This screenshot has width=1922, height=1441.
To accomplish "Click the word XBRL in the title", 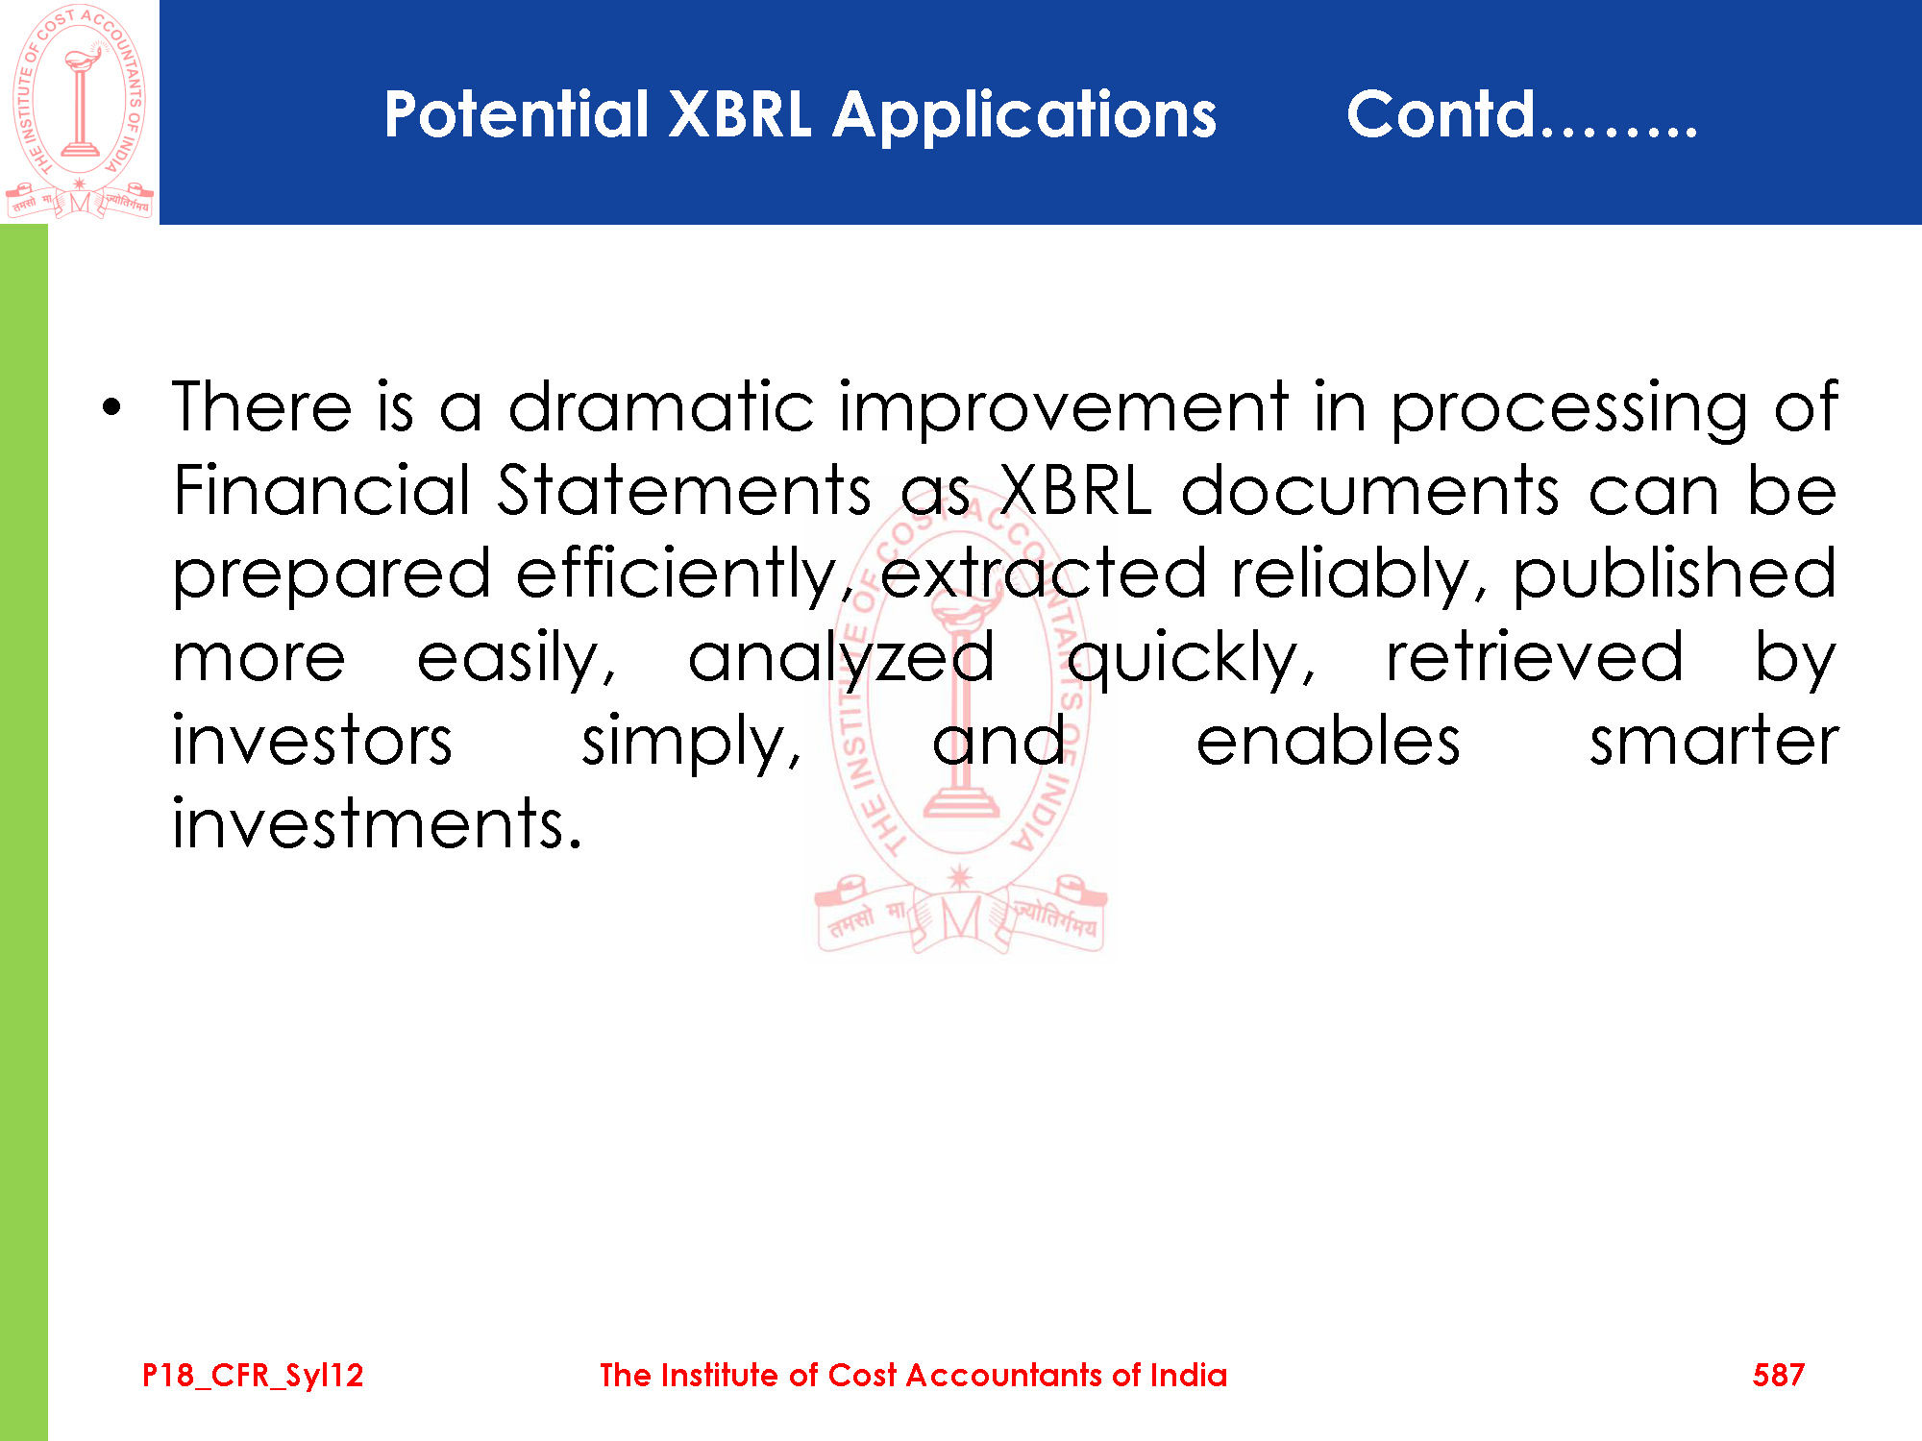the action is tap(740, 114).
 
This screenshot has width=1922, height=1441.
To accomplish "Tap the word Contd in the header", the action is tap(1441, 113).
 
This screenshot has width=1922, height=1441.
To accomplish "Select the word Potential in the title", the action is tap(517, 113).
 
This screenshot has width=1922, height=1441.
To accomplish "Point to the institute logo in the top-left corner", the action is tap(80, 111).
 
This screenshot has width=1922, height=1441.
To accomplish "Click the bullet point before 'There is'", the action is tap(112, 408).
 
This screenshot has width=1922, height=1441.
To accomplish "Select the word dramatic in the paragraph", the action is tap(661, 406).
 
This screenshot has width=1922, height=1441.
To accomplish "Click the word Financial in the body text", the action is tap(322, 490).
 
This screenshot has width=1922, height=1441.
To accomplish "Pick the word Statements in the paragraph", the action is tap(684, 490).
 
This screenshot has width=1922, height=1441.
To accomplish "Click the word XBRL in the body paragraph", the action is tap(1075, 490).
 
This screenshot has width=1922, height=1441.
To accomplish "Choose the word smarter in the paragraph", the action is tap(1713, 742).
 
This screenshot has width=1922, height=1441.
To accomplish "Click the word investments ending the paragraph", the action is tap(377, 824).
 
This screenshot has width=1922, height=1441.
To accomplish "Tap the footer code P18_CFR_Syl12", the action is tap(253, 1376).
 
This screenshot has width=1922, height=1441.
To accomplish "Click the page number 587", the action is tap(1778, 1375).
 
